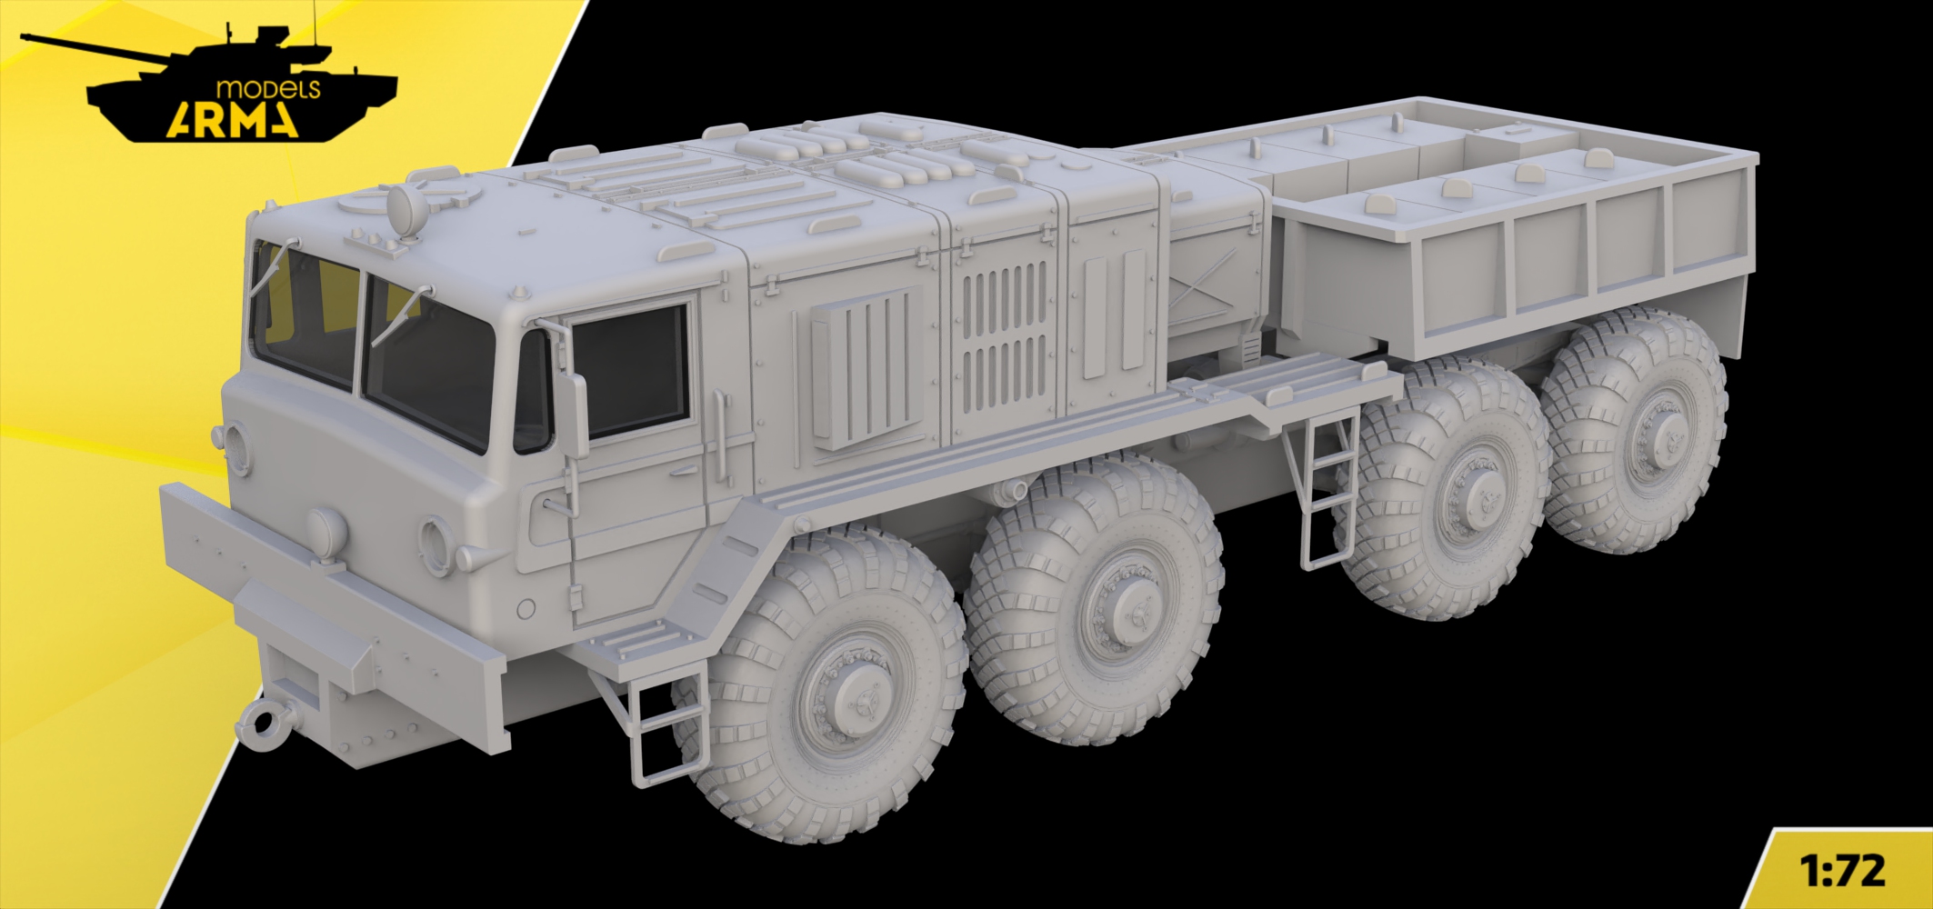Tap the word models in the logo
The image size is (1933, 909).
coord(269,87)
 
